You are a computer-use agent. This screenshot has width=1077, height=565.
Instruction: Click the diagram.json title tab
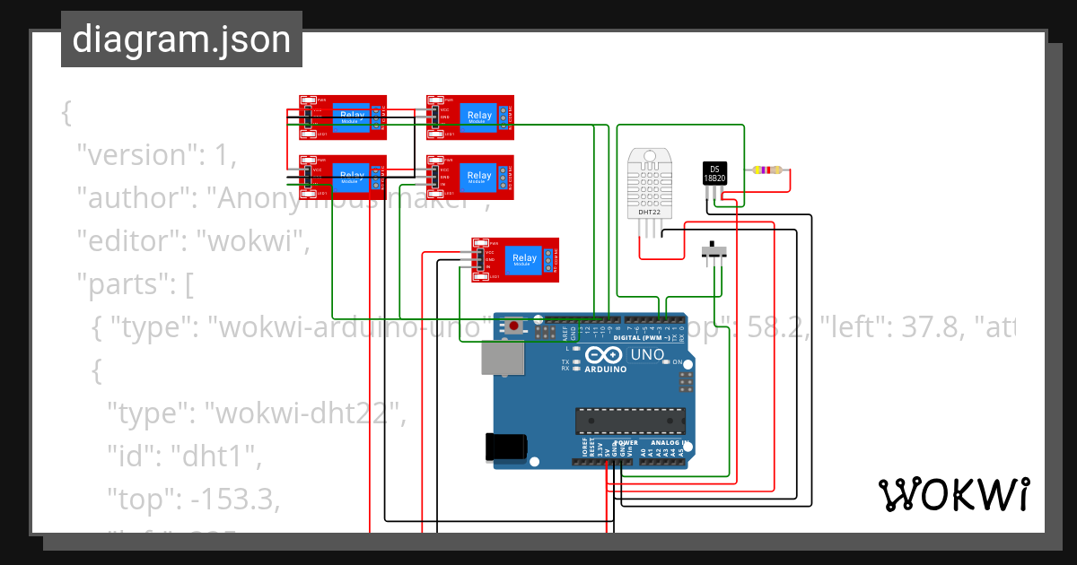tap(181, 39)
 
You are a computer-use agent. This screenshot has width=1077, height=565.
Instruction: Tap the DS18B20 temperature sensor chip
tap(715, 173)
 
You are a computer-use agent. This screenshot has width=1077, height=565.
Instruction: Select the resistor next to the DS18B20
tap(767, 169)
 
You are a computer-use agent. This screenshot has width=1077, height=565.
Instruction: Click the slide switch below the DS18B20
tap(714, 250)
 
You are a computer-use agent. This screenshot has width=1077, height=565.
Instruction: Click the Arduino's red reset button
tap(513, 326)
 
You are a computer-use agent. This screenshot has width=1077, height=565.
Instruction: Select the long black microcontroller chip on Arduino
tap(630, 421)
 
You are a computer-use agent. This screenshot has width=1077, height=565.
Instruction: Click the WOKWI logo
tap(953, 494)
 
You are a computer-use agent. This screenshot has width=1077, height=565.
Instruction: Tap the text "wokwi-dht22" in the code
tap(304, 413)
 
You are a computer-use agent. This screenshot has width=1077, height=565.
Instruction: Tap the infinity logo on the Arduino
tap(608, 353)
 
